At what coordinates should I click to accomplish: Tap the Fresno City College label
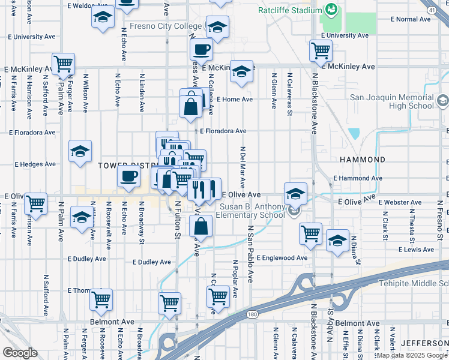click(167, 26)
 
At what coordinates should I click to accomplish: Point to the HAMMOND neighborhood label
click(362, 160)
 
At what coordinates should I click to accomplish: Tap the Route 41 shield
click(432, 10)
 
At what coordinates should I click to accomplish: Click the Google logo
click(20, 353)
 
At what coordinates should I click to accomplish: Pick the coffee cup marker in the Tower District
click(128, 176)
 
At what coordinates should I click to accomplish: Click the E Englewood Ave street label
click(283, 257)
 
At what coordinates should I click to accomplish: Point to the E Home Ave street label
click(235, 99)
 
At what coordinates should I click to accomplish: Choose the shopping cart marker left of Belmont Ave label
click(101, 298)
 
